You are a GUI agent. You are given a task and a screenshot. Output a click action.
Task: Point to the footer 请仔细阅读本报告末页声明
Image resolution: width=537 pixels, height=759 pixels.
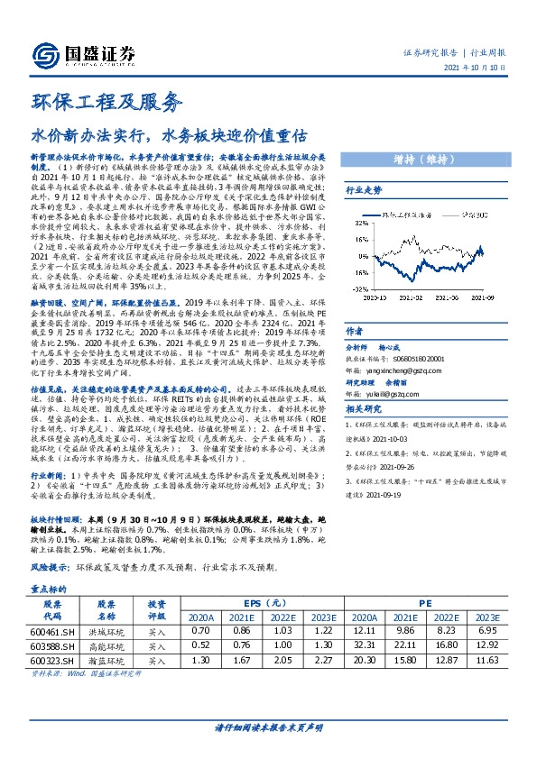click(x=268, y=727)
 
